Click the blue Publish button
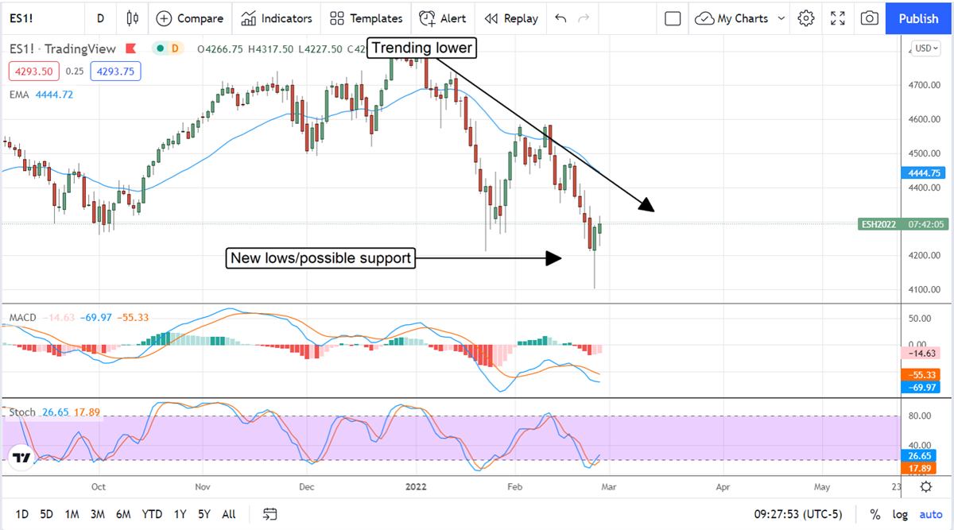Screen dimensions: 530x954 point(918,18)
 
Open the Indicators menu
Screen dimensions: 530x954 point(277,18)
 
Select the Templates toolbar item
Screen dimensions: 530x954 point(366,18)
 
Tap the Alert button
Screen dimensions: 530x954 point(443,18)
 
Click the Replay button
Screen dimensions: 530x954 point(511,18)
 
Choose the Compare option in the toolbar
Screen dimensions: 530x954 point(190,18)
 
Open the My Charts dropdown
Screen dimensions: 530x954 point(740,18)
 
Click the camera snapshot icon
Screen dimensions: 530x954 point(870,18)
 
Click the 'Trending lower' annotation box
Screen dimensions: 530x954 point(421,48)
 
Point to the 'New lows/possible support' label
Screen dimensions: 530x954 point(320,258)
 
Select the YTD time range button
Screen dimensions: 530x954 point(152,514)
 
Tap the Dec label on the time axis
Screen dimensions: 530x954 point(307,486)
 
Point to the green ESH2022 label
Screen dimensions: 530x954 point(878,224)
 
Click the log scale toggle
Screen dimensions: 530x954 point(899,514)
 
